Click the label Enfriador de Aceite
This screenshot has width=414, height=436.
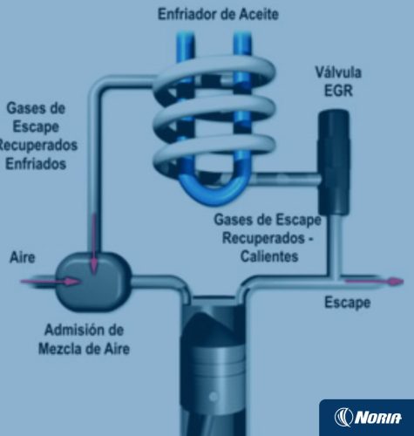point(218,14)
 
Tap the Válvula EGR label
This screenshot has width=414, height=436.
point(338,81)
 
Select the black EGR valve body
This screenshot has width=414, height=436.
point(334,162)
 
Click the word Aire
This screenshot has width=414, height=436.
point(22,257)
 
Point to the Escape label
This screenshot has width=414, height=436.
point(348,303)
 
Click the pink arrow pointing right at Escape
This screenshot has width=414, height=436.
point(374,282)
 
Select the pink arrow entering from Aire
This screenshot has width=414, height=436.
point(50,282)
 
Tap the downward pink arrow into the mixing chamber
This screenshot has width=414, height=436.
point(93,243)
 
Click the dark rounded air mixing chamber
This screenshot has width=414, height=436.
point(93,282)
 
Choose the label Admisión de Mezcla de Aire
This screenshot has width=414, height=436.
point(85,339)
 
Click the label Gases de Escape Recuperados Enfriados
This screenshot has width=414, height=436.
point(37,136)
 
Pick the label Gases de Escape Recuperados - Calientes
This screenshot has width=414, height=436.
point(268,238)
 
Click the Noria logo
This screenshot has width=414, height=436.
point(368,417)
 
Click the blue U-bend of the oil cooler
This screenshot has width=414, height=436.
point(214,189)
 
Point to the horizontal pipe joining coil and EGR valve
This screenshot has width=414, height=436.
point(286,180)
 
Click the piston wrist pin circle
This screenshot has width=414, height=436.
point(214,396)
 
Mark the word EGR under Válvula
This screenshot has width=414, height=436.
point(338,91)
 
